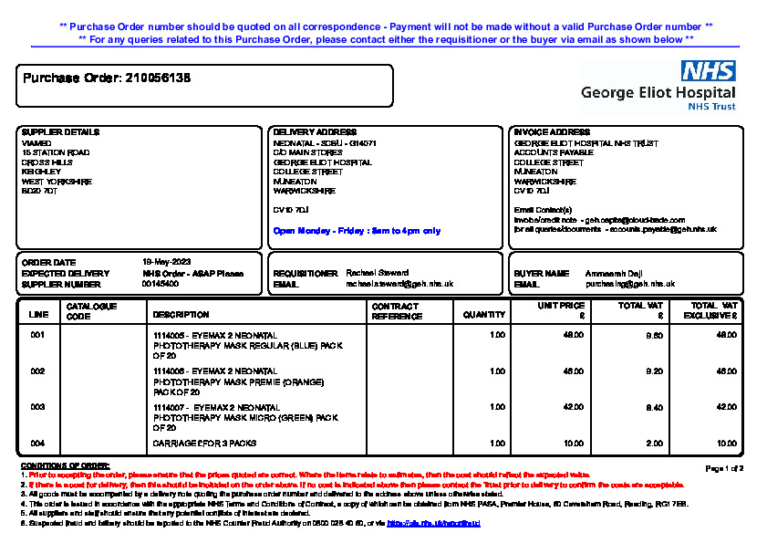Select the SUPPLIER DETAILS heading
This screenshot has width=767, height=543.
(60, 132)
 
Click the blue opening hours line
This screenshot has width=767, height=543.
(357, 231)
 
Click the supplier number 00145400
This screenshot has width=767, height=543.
(161, 284)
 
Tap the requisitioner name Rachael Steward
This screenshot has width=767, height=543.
(378, 273)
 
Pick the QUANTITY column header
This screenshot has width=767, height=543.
(483, 315)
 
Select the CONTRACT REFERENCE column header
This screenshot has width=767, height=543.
(397, 311)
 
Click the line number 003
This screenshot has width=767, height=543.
(37, 406)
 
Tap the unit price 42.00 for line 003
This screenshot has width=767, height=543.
(574, 406)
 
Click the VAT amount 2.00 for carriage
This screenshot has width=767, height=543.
(654, 444)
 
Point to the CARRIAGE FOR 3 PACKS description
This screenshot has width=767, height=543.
(204, 444)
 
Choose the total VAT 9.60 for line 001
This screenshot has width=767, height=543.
(654, 336)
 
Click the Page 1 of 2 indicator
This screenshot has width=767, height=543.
(725, 468)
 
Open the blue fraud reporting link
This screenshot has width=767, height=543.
(433, 524)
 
